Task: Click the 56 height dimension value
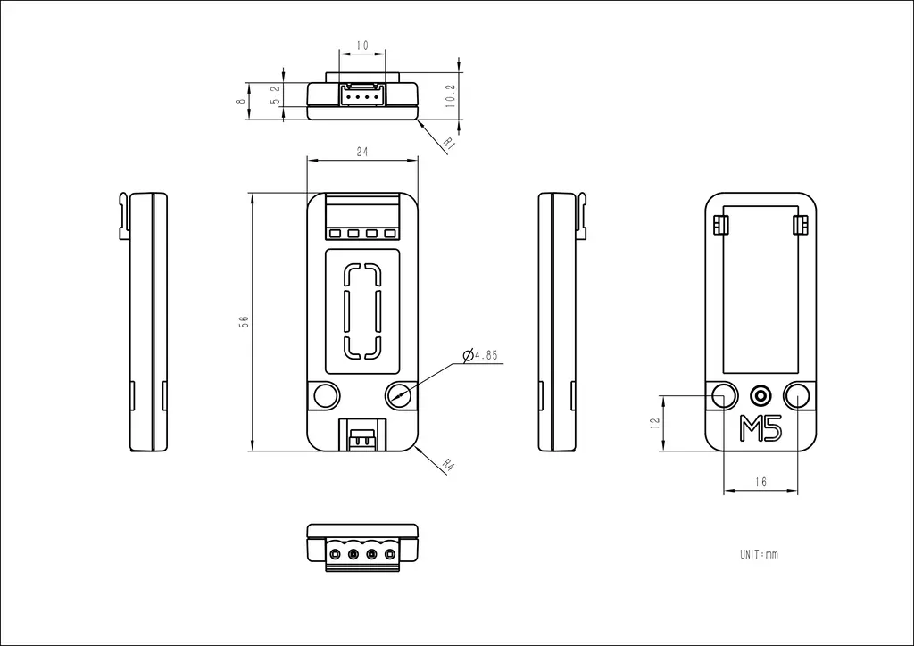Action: pos(245,321)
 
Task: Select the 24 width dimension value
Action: pos(362,152)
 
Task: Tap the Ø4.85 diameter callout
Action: pos(481,355)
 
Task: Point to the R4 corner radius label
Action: pos(448,465)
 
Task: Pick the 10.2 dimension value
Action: pos(450,95)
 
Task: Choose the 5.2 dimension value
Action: pos(276,95)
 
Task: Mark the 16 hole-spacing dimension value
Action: pos(760,482)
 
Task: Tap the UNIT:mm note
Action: pos(759,554)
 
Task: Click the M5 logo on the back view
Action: pos(760,428)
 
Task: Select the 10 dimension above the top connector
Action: pos(362,46)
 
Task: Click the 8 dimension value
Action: pos(241,102)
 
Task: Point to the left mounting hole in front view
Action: pos(327,395)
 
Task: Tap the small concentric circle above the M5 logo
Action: pos(760,395)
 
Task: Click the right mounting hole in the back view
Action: pos(797,395)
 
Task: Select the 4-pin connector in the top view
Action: pos(362,95)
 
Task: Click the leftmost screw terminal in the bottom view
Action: pos(335,553)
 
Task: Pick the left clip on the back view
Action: pos(721,224)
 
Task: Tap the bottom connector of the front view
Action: pos(362,435)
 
